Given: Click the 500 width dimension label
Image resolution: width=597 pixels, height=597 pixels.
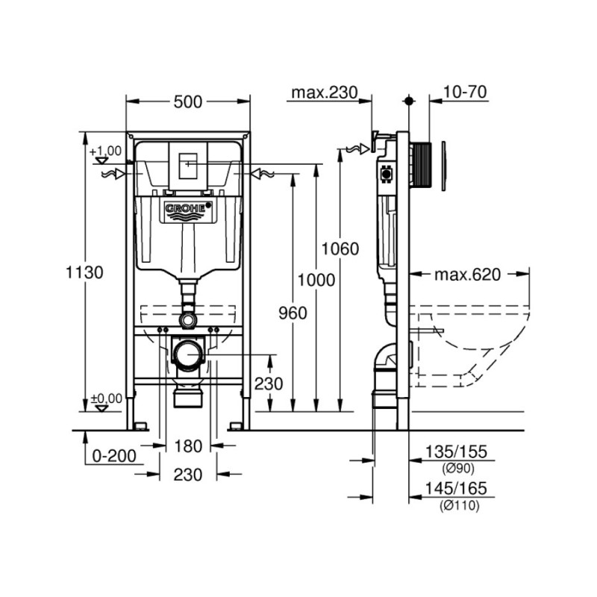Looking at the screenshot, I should click(x=187, y=102).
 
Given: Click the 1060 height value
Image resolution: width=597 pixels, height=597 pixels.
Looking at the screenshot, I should click(x=340, y=249).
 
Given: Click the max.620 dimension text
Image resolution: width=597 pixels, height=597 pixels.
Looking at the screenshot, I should click(x=466, y=275).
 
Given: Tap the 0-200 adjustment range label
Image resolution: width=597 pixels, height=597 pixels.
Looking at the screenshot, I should click(x=113, y=454).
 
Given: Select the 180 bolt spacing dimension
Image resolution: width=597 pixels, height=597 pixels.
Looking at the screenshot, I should click(x=187, y=446).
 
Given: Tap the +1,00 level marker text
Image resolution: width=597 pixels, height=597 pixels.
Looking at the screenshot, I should click(x=104, y=151).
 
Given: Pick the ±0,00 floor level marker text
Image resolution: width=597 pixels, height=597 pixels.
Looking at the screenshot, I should click(x=104, y=399).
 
